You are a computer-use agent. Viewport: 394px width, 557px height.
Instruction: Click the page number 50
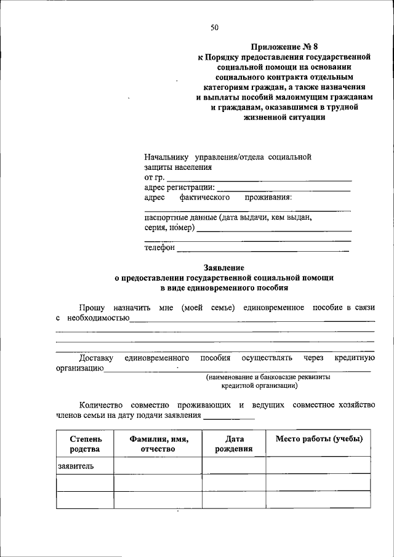point(214,27)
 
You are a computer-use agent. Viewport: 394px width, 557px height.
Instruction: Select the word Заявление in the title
point(224,268)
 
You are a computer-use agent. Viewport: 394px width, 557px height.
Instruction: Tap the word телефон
point(159,247)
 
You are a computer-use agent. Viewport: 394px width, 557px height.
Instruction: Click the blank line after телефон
point(263,250)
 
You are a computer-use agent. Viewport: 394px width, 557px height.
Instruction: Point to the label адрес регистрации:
point(179,187)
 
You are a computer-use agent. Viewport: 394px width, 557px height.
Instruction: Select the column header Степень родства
point(85,444)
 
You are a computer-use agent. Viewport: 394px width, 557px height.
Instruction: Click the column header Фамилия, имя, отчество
point(158,444)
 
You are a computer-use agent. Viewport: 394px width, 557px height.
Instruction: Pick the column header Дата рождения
point(233,444)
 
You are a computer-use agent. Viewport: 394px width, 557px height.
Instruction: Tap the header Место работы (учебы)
point(318,439)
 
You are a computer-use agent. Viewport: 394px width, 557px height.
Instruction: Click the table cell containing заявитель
point(85,466)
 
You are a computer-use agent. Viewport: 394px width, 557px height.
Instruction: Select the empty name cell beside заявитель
point(158,466)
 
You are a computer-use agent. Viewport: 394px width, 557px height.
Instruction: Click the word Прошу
point(91,307)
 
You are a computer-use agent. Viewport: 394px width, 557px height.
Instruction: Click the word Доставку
point(97,358)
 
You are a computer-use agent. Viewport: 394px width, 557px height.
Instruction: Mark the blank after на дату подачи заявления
point(229,418)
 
